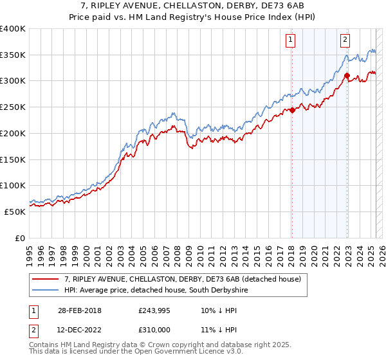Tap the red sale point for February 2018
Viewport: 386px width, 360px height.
pos(292,110)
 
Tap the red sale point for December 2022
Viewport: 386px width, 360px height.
pos(347,75)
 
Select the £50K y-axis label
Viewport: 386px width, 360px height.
pos(15,212)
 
